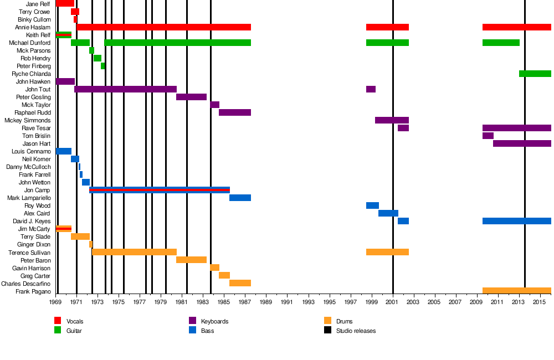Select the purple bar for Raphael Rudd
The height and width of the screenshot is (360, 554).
pos(234,112)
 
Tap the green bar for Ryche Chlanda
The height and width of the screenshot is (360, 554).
pos(535,74)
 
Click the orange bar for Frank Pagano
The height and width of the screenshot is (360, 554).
pos(516,291)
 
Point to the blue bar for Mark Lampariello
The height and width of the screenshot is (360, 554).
pos(240,198)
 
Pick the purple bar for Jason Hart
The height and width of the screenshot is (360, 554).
pos(522,143)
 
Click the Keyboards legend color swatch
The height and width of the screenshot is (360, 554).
pos(193,321)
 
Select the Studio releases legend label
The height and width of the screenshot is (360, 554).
pos(356,331)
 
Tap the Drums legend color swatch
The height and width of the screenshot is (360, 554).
pos(327,321)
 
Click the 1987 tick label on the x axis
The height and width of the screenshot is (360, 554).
pos(245,302)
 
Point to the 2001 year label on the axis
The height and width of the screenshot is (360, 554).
pos(393,302)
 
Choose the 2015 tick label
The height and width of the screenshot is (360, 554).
pos(540,302)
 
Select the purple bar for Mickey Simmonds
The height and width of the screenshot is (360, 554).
pos(392,120)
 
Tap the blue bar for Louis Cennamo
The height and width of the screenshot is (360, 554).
pos(64,151)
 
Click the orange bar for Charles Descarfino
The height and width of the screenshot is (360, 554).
pos(240,283)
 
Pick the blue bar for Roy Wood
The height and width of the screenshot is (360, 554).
pos(372,205)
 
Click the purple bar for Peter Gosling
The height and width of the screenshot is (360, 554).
pos(191,97)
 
